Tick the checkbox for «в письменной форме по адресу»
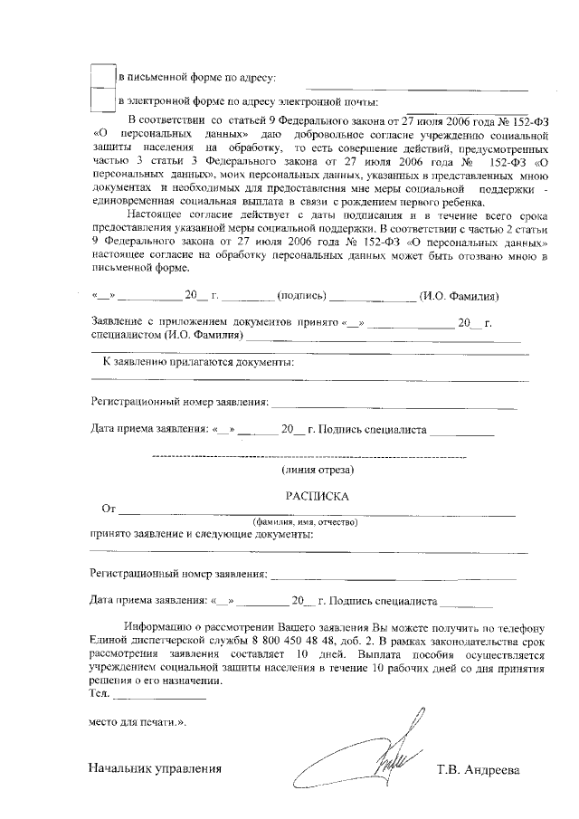pos(105,77)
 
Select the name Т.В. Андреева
pos(478,770)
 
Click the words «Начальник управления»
pos(155,770)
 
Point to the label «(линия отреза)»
pos(318,470)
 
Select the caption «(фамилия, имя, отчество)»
pos(305,522)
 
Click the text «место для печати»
pos(136,722)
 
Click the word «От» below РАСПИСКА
pos(109,509)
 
